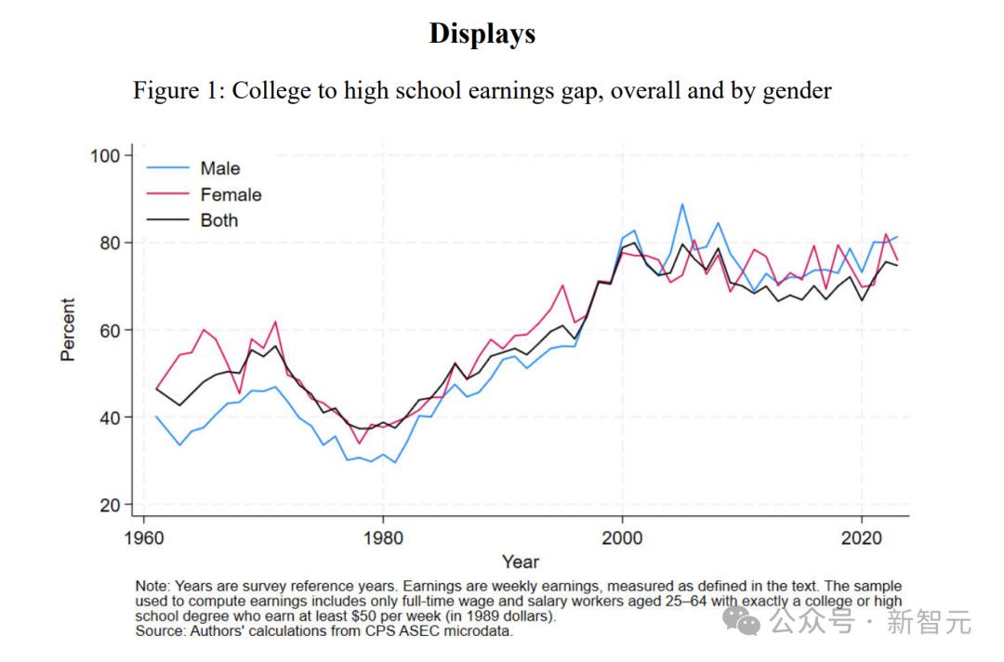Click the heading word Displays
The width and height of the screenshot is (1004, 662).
[482, 33]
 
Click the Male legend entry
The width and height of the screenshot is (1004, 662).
[219, 168]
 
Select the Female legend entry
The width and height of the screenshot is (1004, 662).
[231, 194]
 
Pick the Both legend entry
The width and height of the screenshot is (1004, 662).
[219, 220]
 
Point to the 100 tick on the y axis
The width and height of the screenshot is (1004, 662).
[106, 155]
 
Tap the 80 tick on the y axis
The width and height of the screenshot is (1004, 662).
[111, 243]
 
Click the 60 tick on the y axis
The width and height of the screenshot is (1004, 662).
[111, 330]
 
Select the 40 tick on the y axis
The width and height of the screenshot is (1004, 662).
[111, 417]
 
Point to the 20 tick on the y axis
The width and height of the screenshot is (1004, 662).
[111, 505]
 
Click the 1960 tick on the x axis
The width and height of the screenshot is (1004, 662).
[143, 536]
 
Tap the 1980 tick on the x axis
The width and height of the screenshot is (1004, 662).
[383, 536]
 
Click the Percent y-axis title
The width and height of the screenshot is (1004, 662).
[68, 330]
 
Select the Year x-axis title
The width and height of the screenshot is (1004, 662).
[521, 562]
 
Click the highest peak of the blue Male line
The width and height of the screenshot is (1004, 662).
[682, 205]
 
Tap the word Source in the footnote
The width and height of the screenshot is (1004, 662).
[161, 631]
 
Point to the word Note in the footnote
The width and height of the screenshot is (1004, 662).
[152, 587]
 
